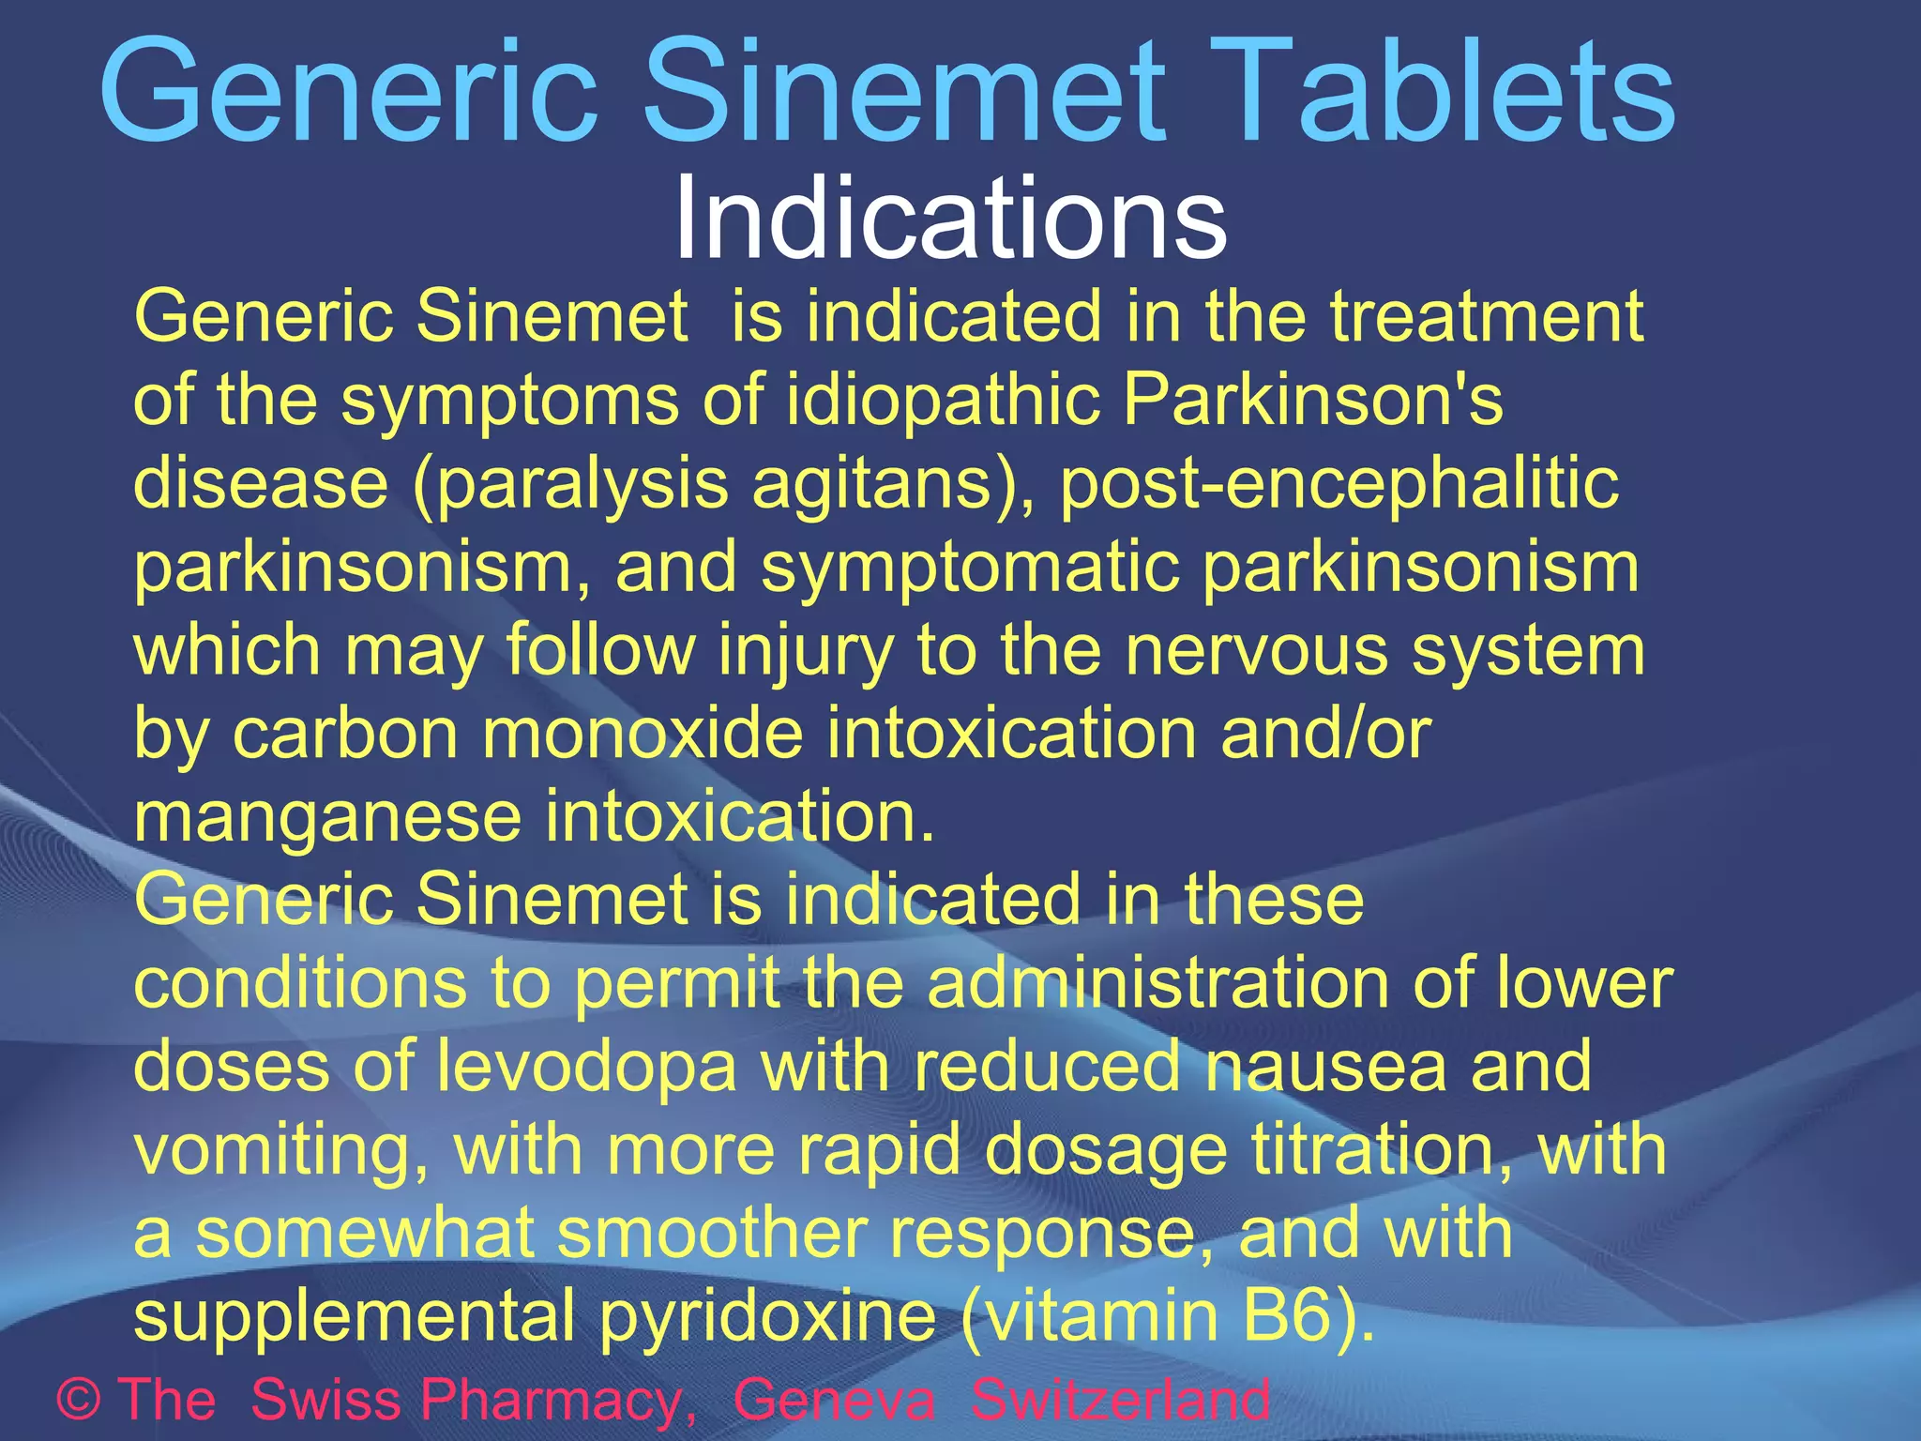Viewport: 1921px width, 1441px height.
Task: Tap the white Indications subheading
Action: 950,218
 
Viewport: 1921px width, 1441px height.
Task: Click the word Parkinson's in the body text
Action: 1312,400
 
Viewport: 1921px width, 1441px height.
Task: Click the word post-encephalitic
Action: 1339,484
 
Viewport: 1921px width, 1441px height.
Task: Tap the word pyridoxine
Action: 767,1315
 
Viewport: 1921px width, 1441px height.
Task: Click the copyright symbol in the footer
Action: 79,1399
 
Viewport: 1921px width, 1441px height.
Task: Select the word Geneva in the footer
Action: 834,1399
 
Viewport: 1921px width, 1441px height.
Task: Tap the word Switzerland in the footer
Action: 1120,1399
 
